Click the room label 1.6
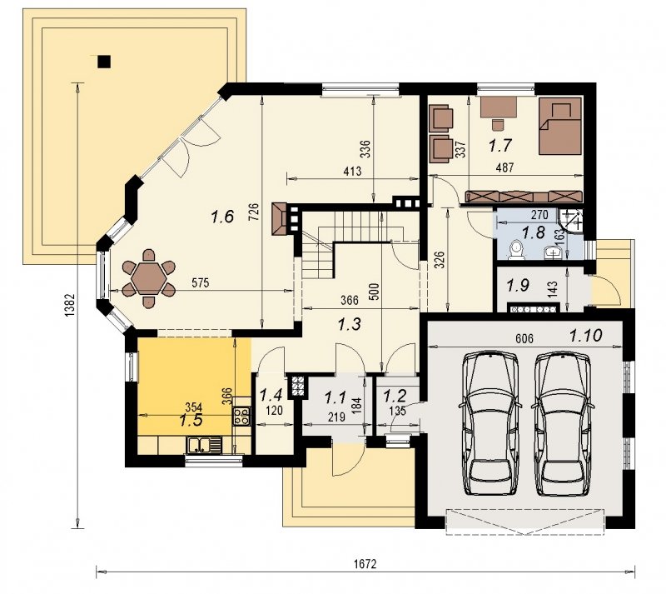point(222,217)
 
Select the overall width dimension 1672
point(365,564)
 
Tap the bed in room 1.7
point(559,126)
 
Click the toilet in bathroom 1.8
point(516,250)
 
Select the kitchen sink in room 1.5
point(203,445)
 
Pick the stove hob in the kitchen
point(241,416)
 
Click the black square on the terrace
point(104,62)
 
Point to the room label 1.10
point(586,337)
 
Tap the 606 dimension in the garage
point(524,338)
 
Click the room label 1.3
point(349,325)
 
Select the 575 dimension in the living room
point(200,282)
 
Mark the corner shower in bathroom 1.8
point(572,221)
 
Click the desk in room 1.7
point(498,107)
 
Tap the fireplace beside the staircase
point(280,219)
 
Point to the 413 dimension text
point(352,172)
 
